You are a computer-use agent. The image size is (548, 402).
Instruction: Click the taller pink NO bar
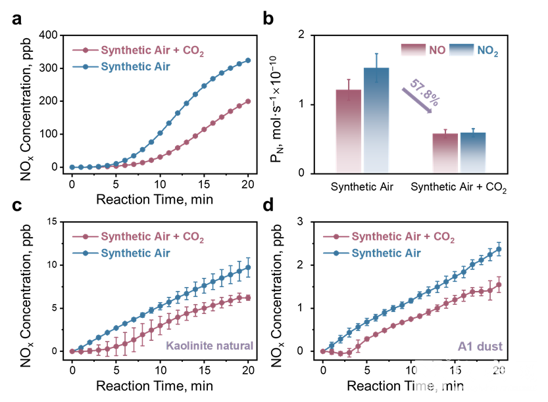(348, 131)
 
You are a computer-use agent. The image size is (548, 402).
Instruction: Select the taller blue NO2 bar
(376, 121)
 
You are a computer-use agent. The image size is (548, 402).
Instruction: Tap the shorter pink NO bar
(445, 153)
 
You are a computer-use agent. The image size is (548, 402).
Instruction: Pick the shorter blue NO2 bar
(472, 152)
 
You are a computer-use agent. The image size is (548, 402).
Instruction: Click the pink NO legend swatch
(413, 50)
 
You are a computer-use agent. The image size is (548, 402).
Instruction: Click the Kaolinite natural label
(209, 346)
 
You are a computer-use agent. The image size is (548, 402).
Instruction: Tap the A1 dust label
(480, 346)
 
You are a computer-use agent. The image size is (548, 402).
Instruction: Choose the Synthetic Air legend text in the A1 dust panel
(386, 253)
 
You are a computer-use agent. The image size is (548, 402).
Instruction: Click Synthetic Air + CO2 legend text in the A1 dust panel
(403, 236)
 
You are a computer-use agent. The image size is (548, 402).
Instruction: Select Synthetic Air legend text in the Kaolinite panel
(136, 253)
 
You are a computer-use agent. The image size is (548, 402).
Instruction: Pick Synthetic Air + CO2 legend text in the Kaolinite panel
(152, 236)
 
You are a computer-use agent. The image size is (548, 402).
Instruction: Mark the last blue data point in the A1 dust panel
(499, 248)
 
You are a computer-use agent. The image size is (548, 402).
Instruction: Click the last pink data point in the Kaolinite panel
(248, 297)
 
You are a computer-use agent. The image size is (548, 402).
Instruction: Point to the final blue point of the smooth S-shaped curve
(248, 60)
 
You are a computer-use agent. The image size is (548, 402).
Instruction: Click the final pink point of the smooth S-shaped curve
(248, 101)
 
